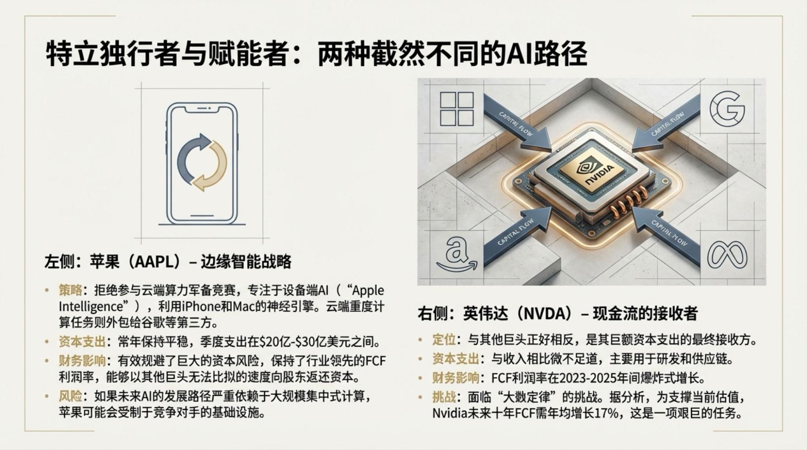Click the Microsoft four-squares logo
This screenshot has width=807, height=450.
click(x=457, y=109)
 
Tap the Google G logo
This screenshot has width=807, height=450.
click(x=727, y=109)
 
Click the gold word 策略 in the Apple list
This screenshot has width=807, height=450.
click(x=70, y=290)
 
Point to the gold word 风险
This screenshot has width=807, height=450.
click(x=70, y=396)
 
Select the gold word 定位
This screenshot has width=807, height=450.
click(x=444, y=340)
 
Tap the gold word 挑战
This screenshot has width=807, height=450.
click(x=444, y=397)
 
